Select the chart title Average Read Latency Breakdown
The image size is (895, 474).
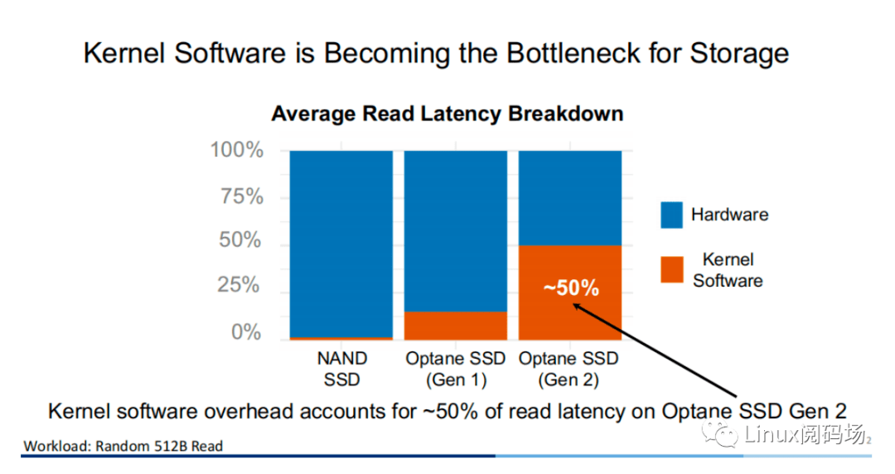point(447,114)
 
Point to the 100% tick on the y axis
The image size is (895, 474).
point(236,151)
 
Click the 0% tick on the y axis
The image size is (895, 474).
point(247,332)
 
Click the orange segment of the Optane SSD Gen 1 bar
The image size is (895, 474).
point(455,326)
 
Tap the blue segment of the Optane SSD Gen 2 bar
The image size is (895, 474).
point(569,198)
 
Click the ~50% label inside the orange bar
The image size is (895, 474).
point(570,288)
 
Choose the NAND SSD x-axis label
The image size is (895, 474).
point(341,370)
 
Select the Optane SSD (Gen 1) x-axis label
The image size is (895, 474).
point(455,370)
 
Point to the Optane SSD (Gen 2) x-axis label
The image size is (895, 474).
point(569,370)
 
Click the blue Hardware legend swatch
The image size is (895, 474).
point(671,215)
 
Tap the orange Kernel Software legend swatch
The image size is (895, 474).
point(671,269)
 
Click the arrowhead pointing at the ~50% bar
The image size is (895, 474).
point(578,307)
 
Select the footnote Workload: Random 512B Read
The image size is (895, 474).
point(123,446)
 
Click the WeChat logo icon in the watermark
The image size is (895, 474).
point(719,433)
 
